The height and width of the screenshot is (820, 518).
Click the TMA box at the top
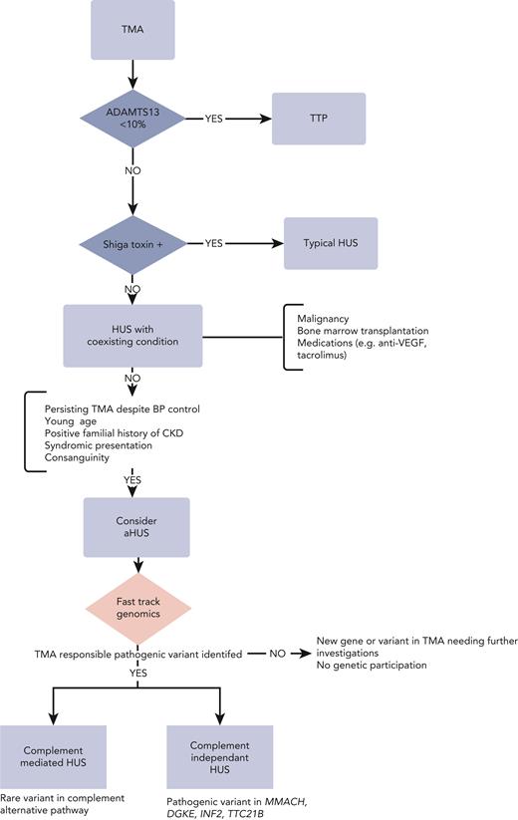coord(132,28)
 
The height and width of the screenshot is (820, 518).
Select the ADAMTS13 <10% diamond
coord(132,120)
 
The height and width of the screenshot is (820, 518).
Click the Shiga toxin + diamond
coord(132,242)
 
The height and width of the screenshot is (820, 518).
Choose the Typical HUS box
coord(331,242)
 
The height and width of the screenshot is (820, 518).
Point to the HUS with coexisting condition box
coord(132,335)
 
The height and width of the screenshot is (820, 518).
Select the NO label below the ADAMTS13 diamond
coord(132,170)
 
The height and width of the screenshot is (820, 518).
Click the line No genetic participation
coord(377,663)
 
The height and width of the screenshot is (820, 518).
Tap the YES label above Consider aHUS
coord(132,481)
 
